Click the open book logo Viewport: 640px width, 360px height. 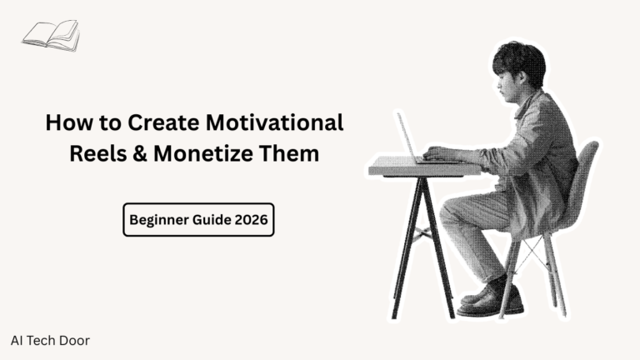pos(52,35)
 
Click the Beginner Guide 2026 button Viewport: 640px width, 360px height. pos(198,220)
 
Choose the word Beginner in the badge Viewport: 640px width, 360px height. pos(158,220)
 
